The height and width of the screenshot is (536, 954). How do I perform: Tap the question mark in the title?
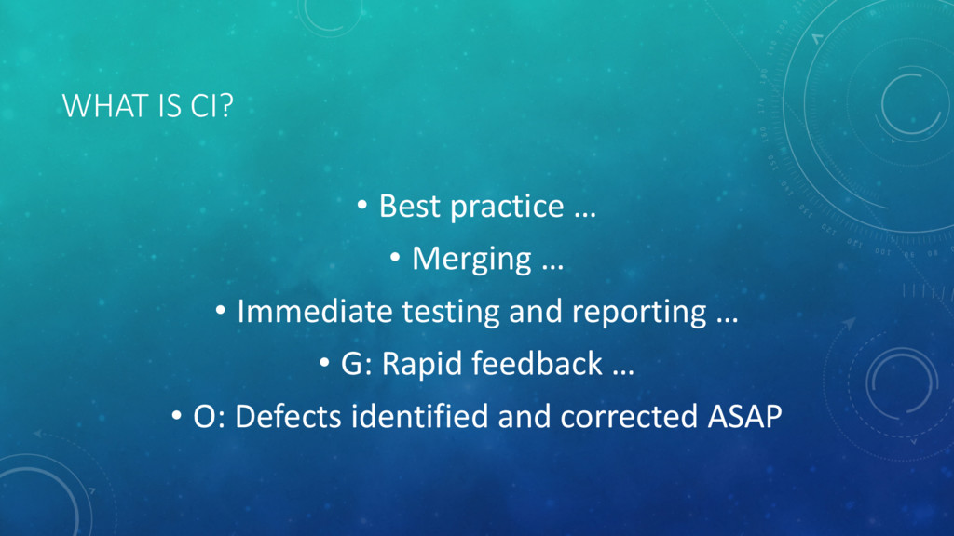(225, 106)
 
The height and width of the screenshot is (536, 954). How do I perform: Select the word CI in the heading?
(203, 106)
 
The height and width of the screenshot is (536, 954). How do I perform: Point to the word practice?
(507, 208)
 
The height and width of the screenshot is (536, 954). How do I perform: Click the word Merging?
(471, 260)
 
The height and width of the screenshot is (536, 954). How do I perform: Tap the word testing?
(450, 313)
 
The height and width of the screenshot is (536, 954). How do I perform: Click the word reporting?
(639, 313)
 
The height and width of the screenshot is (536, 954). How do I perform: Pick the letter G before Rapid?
(351, 364)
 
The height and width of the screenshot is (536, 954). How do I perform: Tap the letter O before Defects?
(204, 417)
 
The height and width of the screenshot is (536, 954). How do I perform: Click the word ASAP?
(744, 417)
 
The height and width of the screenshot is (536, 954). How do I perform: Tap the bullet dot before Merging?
(395, 258)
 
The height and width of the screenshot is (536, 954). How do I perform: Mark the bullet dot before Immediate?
(220, 311)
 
